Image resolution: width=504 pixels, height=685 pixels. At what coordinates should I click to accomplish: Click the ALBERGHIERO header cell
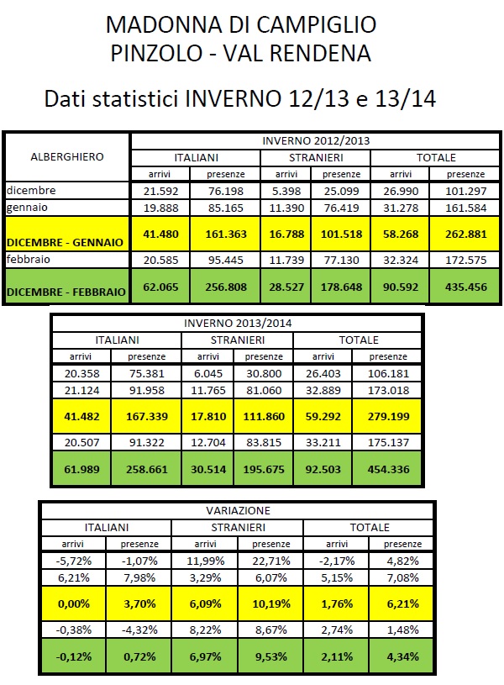[67, 156]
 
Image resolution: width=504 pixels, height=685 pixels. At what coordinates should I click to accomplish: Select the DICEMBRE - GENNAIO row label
[66, 241]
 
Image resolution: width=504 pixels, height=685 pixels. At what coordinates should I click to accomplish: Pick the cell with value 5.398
[286, 190]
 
